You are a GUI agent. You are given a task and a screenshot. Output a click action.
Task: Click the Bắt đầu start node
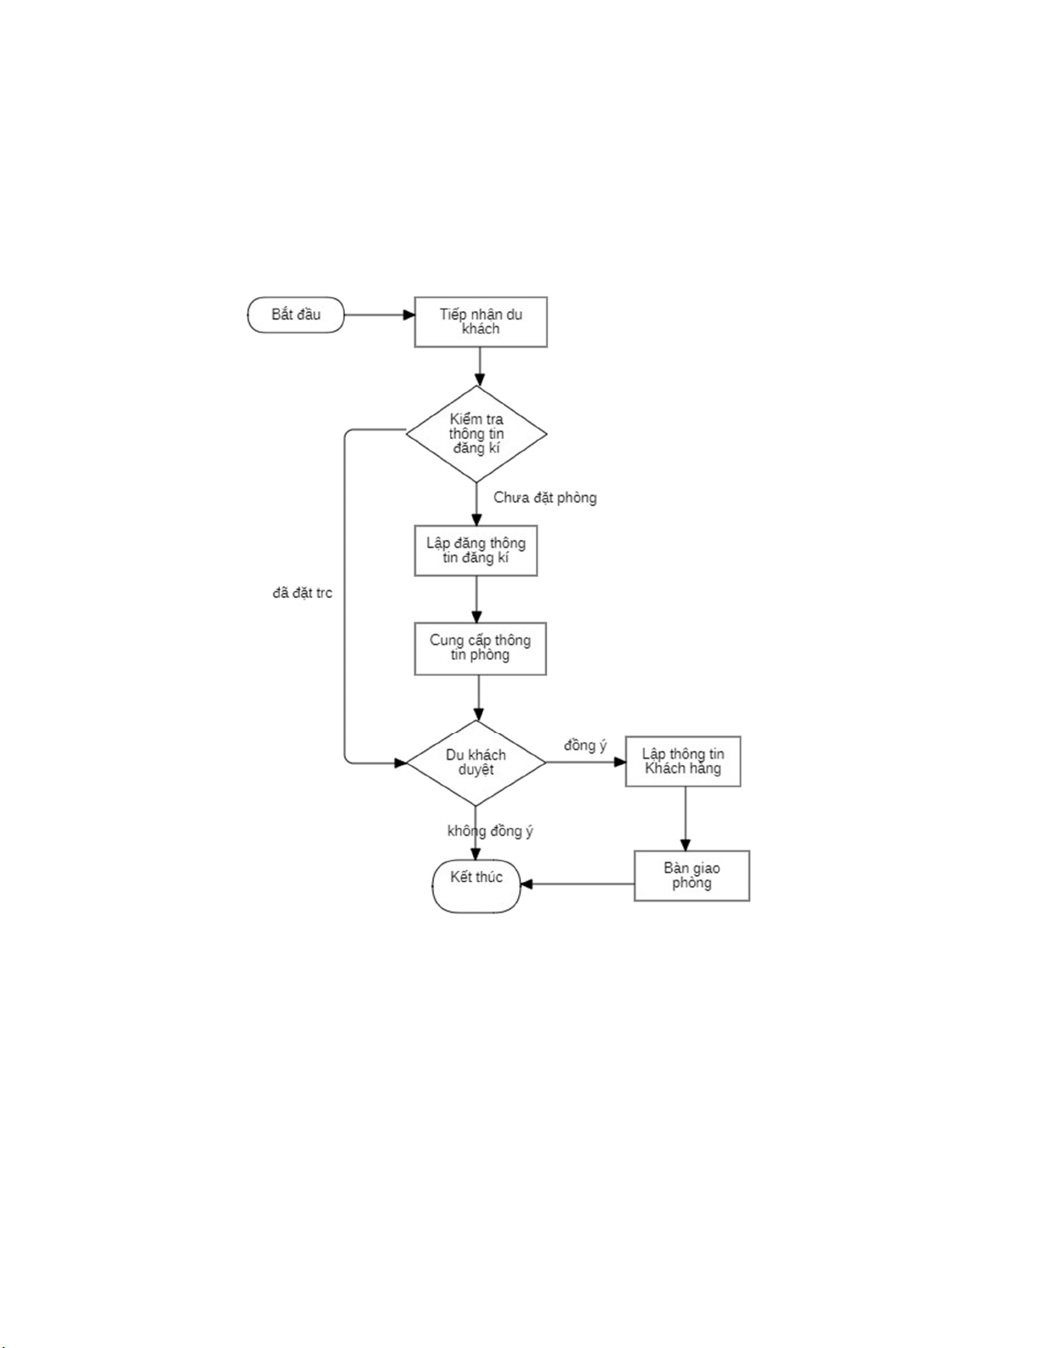(x=295, y=315)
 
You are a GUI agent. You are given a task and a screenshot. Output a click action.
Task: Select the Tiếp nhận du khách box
(x=481, y=321)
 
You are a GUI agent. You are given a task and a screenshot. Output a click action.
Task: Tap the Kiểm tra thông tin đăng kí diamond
(x=476, y=434)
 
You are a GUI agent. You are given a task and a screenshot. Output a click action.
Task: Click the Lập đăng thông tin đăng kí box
(x=475, y=550)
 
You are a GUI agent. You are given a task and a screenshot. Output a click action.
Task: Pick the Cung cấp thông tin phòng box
(x=480, y=648)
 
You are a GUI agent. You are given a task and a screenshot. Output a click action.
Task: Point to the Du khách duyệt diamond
(x=475, y=762)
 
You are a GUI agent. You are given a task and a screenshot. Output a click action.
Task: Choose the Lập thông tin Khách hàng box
(x=683, y=761)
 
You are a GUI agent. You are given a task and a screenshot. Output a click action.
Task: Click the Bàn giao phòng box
(x=692, y=875)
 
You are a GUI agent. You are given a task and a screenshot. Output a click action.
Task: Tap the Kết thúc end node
(x=476, y=884)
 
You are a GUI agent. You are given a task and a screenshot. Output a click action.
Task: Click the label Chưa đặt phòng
(x=545, y=498)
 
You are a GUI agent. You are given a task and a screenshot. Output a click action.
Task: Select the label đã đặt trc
(x=302, y=593)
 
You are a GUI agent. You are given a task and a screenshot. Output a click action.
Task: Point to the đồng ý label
(x=585, y=746)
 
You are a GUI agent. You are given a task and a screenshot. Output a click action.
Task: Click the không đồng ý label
(x=491, y=831)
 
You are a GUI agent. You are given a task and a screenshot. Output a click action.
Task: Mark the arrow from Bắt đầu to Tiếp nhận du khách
(x=379, y=315)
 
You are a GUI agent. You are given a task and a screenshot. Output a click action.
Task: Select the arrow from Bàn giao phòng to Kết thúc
(x=578, y=884)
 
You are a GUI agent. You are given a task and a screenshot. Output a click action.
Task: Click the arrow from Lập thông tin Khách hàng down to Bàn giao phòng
(x=686, y=818)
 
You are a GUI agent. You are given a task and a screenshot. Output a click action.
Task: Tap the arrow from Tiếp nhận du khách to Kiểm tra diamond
(x=480, y=367)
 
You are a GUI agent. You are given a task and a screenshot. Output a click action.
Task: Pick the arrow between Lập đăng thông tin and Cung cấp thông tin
(x=476, y=599)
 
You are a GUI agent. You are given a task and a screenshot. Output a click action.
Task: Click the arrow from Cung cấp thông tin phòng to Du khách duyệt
(x=479, y=697)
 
